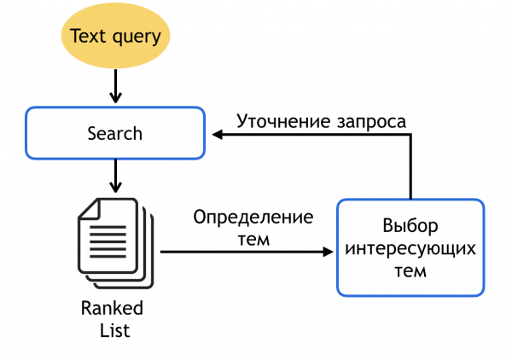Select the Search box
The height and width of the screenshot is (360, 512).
click(x=114, y=133)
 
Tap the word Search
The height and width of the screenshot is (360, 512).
click(x=114, y=133)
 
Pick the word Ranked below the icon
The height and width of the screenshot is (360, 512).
click(x=112, y=308)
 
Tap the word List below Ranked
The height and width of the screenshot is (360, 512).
click(x=112, y=328)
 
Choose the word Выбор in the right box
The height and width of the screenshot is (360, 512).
click(x=410, y=226)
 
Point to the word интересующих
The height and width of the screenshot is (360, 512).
click(x=410, y=248)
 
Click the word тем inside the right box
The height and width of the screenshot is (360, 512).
click(x=410, y=270)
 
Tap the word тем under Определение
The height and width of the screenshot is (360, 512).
click(x=253, y=238)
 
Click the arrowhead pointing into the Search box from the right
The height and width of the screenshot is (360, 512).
click(x=218, y=135)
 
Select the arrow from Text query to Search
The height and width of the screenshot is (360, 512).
click(x=114, y=88)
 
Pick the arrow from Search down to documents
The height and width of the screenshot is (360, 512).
click(x=114, y=177)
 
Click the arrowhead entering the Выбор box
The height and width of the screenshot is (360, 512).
click(x=329, y=252)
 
